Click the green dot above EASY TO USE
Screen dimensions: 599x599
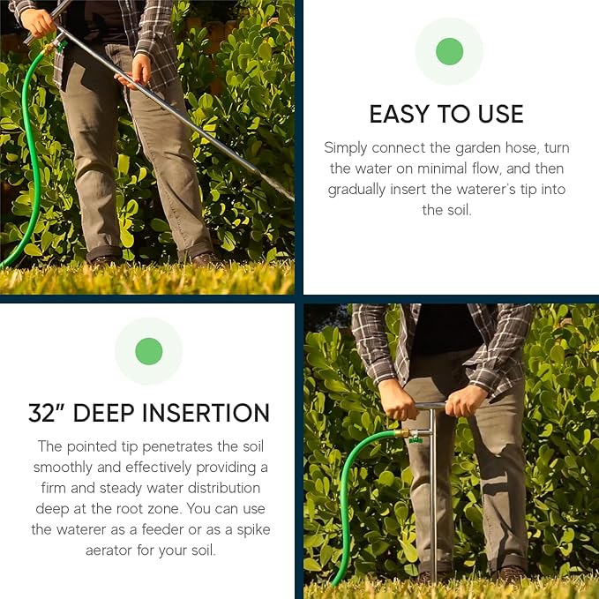[x=449, y=51]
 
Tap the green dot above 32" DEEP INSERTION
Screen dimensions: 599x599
[x=148, y=351]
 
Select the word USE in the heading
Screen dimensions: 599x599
[x=498, y=115]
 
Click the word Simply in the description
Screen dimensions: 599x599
[x=345, y=147]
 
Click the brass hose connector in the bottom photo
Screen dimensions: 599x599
[x=404, y=434]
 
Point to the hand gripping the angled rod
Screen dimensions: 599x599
[x=139, y=70]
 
